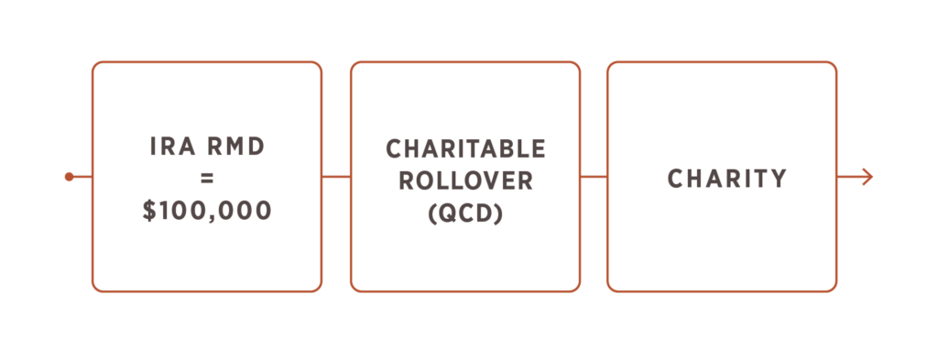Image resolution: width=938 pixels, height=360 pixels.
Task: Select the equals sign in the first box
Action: (x=207, y=179)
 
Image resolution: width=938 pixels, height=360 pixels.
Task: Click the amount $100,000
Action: (x=207, y=210)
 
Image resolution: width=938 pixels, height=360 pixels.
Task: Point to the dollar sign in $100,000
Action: (x=149, y=210)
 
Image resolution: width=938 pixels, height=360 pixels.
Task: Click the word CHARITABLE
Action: (x=465, y=149)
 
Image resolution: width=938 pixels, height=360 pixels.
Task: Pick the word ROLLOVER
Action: (x=465, y=180)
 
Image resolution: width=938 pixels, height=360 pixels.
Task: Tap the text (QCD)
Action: (x=465, y=213)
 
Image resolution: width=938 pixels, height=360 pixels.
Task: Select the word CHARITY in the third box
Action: (x=726, y=179)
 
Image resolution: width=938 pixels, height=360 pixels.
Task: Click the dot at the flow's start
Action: (x=69, y=177)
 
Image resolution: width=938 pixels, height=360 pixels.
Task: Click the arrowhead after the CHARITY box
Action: (x=867, y=177)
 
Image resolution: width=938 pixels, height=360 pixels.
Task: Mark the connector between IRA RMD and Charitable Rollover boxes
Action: (x=336, y=177)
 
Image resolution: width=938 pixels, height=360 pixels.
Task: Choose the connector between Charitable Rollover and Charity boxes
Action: (x=594, y=177)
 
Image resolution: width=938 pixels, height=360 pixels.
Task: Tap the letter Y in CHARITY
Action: (x=778, y=179)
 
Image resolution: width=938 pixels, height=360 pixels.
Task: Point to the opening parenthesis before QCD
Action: (x=433, y=213)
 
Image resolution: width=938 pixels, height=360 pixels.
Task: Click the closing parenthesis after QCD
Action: (x=498, y=213)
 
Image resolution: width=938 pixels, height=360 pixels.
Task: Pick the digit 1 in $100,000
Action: (x=166, y=210)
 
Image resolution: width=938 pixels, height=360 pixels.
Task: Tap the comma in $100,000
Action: (x=214, y=220)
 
